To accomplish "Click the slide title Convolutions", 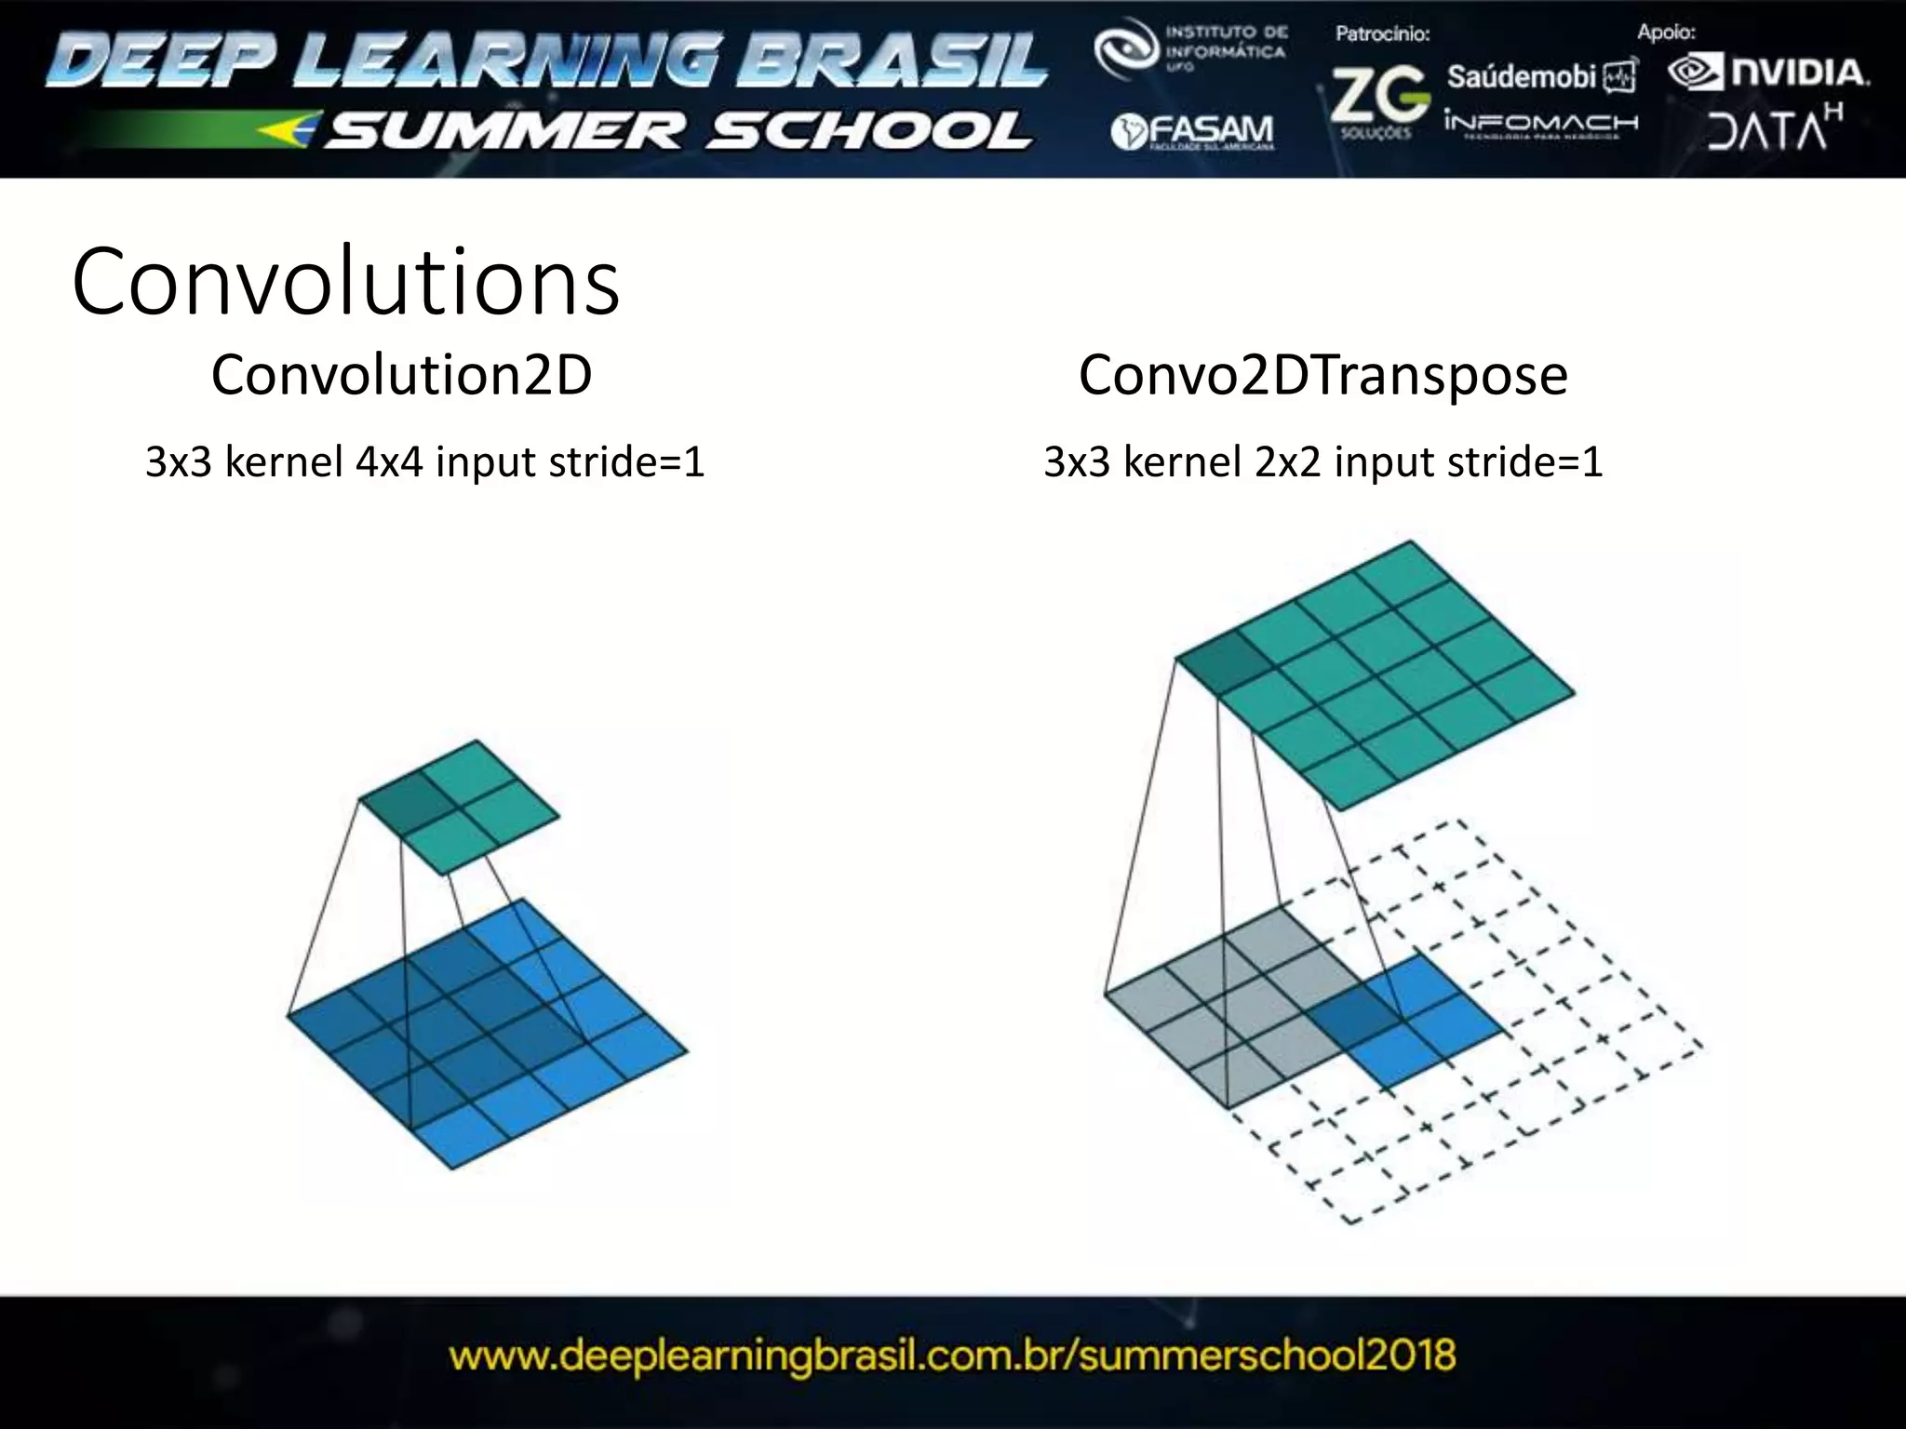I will (345, 282).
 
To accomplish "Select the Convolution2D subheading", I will (401, 375).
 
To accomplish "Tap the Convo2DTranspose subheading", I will (1322, 375).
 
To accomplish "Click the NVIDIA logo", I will (1768, 73).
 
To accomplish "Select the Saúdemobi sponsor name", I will (1522, 76).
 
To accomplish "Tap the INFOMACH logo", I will (1540, 124).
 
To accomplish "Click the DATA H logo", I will (1773, 129).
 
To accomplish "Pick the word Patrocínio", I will (1382, 34).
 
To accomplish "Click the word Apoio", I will (1666, 33).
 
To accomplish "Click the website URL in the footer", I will (952, 1355).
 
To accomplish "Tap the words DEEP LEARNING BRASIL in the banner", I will (547, 60).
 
